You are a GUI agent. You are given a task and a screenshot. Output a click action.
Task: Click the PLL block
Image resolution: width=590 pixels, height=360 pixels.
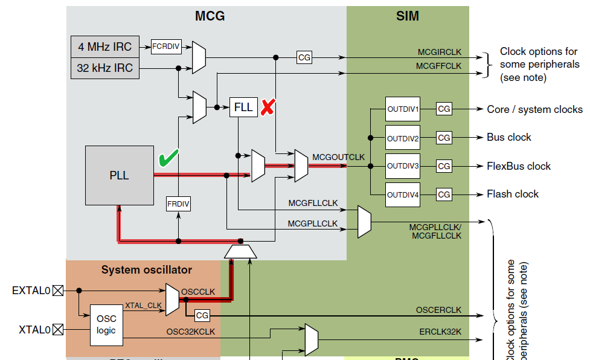(120, 175)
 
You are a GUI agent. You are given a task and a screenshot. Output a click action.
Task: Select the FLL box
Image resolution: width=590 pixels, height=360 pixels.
(243, 107)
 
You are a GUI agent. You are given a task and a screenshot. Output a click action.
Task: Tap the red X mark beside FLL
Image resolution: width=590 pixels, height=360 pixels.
(268, 108)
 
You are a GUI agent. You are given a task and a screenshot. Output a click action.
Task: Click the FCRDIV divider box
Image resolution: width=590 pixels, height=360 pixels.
(166, 46)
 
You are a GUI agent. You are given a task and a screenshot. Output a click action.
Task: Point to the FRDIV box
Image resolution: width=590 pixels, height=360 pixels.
(178, 204)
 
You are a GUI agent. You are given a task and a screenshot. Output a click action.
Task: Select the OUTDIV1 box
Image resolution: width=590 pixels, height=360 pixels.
(403, 109)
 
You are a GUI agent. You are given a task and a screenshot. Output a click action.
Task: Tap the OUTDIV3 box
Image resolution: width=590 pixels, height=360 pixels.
(403, 166)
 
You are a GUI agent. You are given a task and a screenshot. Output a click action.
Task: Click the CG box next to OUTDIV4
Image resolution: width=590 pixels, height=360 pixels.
(444, 194)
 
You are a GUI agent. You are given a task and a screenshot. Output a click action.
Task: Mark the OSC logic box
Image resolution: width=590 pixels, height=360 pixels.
(106, 325)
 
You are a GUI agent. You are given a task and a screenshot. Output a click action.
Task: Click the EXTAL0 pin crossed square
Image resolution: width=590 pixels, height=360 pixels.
(57, 291)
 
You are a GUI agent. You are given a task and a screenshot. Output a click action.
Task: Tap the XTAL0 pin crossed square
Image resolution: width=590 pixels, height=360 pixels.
(57, 330)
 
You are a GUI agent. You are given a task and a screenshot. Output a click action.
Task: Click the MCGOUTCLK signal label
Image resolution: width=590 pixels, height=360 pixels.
(338, 157)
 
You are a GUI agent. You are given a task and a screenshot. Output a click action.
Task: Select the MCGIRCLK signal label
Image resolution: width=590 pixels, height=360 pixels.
(440, 52)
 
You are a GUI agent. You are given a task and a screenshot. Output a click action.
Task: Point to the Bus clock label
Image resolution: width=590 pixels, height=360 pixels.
(509, 137)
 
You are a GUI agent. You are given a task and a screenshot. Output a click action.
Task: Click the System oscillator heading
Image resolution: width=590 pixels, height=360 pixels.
(147, 270)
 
